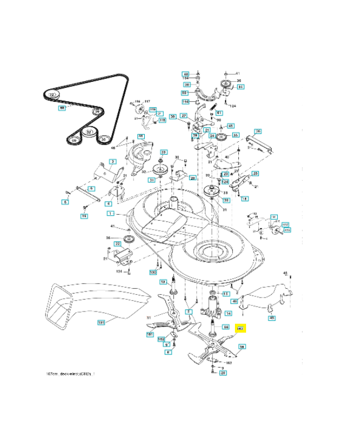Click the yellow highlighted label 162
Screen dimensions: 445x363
[x=241, y=329]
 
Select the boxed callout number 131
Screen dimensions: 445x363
[x=101, y=322]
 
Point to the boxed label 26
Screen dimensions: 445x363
[x=258, y=131]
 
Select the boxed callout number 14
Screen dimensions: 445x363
[x=228, y=314]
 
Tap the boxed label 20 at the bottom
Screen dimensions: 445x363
[x=223, y=373]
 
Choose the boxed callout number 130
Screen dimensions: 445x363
[x=153, y=272]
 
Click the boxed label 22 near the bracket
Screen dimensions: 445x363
[x=117, y=244]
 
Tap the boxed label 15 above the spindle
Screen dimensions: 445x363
[x=225, y=293]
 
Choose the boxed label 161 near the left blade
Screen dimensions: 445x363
[x=150, y=334]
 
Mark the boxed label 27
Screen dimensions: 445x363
[x=183, y=116]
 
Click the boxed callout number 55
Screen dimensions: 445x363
[x=184, y=92]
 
